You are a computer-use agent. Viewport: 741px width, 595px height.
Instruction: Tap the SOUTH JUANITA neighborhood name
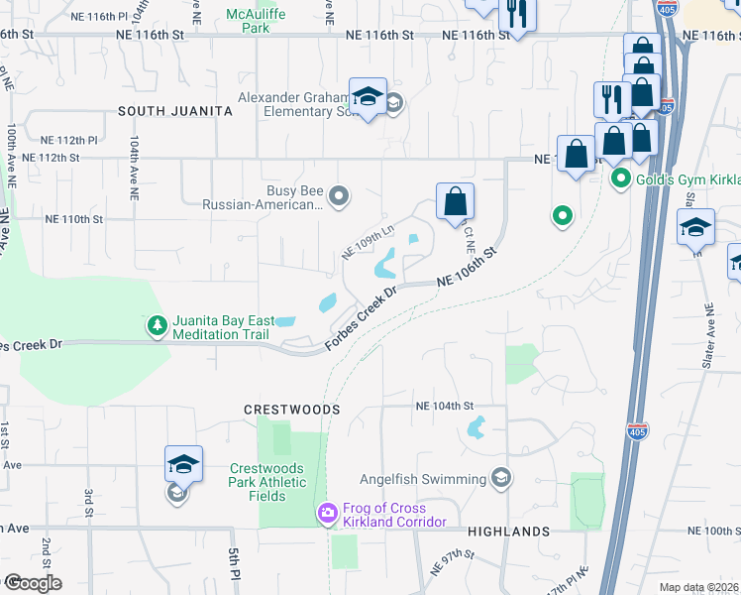point(174,111)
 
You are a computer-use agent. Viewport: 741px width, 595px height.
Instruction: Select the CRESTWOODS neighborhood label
point(292,409)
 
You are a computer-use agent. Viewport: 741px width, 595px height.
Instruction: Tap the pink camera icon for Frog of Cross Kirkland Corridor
point(327,513)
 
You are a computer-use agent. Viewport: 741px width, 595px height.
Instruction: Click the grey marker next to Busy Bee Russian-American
point(340,196)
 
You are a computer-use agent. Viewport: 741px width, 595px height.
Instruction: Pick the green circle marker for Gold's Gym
point(621,178)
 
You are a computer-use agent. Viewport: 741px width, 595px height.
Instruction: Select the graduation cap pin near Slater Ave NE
point(695,226)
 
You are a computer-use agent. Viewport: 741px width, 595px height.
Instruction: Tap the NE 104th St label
point(446,406)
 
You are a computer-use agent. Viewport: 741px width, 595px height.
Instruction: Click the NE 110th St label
point(74,219)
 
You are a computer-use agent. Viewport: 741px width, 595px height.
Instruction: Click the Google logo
point(32,583)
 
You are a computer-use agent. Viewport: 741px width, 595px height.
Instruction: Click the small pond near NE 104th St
point(475,428)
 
